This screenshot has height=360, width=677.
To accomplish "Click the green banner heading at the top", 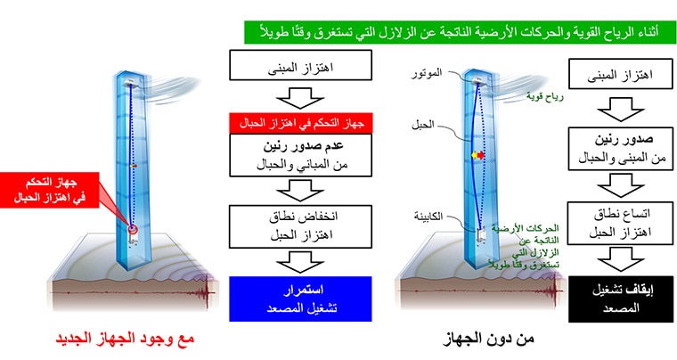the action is coord(460,32).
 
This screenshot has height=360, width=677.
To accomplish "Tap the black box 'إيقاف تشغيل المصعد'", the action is coord(621,299).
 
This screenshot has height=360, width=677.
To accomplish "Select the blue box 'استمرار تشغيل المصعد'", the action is coord(300,299).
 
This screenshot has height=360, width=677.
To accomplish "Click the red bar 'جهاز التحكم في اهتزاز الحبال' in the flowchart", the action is coord(301,124).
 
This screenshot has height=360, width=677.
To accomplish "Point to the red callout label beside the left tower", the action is coord(50,190).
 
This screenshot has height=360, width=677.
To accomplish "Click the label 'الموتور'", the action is coord(427,73).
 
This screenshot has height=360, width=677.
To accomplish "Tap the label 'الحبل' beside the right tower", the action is coord(423,125).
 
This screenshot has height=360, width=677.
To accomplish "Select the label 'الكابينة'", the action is coord(428,217).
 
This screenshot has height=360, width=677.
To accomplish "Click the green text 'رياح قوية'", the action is coord(545,97).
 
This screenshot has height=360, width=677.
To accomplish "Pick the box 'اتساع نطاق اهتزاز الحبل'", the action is coord(620,223).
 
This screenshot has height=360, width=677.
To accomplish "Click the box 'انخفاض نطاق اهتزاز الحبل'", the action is coord(300,226).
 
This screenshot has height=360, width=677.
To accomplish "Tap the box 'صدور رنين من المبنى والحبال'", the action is coord(621,149).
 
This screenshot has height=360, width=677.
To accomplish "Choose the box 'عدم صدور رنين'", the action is coord(300,155).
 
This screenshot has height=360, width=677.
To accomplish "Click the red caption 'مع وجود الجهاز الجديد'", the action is coord(125,338).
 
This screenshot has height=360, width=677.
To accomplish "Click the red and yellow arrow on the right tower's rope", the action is coord(477,155).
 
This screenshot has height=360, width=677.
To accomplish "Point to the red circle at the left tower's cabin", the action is coord(133,229).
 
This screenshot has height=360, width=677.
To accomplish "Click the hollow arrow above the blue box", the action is coord(300,262).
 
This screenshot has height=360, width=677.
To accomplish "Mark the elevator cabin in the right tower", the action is coord(481,236).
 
